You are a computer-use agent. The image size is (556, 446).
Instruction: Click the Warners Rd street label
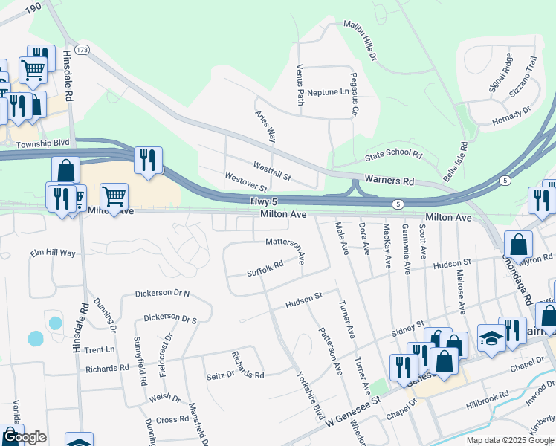[389, 181]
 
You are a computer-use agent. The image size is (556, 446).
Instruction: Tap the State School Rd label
[393, 156]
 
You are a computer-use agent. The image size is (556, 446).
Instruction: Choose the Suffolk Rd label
[265, 268]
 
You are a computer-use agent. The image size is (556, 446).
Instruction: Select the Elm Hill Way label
[53, 253]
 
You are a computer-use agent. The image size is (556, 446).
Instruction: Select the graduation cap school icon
[491, 338]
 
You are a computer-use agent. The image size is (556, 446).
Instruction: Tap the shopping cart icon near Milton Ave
[113, 197]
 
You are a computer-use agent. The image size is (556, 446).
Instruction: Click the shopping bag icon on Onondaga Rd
[518, 244]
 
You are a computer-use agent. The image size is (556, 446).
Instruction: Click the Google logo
[24, 438]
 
